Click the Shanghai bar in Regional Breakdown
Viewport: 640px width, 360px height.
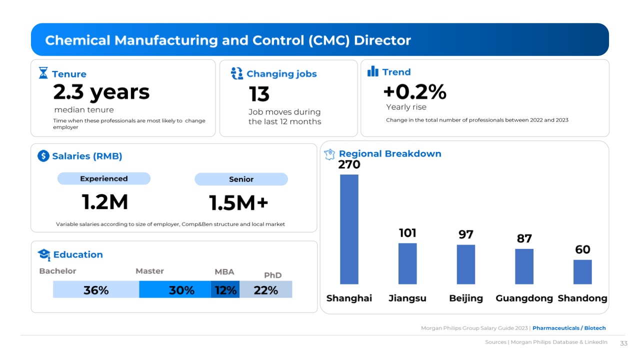tap(349, 229)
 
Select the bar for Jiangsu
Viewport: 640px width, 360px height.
tap(407, 263)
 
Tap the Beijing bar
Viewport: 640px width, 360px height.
tap(466, 264)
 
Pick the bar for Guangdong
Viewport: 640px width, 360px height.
tap(524, 266)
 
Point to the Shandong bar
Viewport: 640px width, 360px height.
tap(582, 272)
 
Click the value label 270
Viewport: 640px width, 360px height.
tap(349, 164)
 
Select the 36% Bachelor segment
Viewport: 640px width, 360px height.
tap(96, 289)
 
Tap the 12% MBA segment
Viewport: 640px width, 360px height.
tap(225, 289)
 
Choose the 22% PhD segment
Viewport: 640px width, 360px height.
tap(266, 289)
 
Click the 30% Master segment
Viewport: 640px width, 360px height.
tap(175, 289)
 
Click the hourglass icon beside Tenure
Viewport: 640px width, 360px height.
tap(43, 73)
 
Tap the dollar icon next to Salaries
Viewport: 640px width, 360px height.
tap(43, 156)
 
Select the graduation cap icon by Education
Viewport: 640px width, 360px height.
tap(44, 254)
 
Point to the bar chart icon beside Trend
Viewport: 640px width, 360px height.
tap(373, 71)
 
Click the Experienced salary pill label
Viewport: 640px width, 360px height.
tap(104, 178)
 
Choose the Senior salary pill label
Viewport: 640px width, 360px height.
tap(241, 179)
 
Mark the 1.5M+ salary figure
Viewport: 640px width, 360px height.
tap(238, 203)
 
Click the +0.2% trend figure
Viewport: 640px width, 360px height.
tap(414, 92)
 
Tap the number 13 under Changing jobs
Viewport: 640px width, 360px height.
tap(259, 94)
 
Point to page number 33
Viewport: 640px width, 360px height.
tap(623, 343)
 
